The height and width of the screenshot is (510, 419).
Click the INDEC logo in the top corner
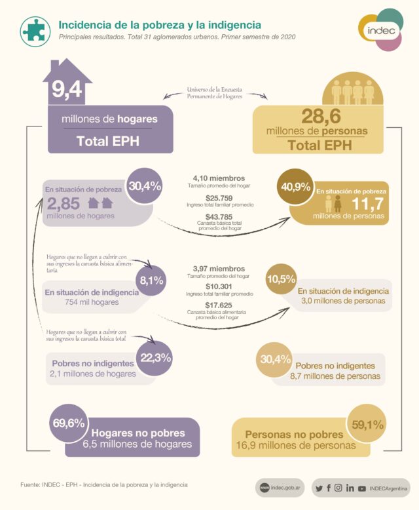[380, 29]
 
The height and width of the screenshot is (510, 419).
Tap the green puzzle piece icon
[34, 29]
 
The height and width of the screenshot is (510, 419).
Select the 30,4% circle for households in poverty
[145, 187]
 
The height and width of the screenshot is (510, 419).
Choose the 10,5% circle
[280, 279]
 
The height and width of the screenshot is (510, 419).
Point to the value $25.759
[219, 197]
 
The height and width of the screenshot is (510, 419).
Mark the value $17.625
[219, 304]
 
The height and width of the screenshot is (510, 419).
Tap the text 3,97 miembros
[219, 269]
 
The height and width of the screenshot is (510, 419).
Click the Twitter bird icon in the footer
[319, 488]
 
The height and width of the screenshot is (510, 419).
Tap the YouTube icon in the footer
[362, 488]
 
